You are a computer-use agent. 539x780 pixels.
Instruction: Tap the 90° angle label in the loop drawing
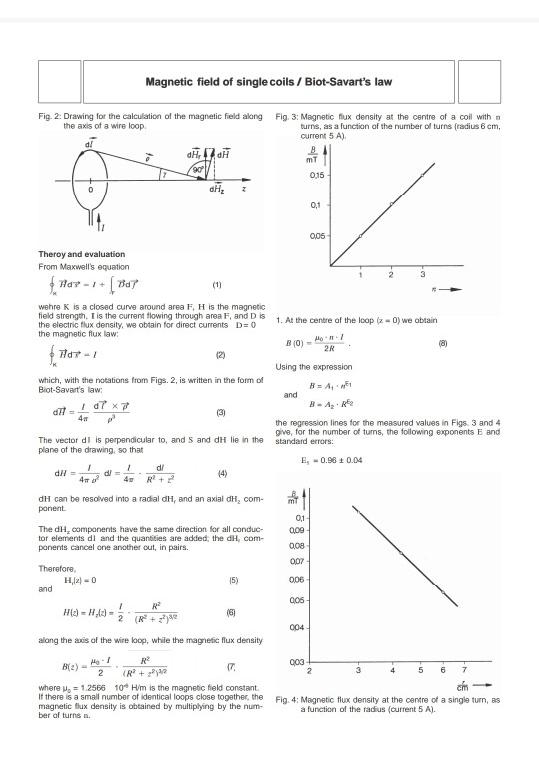[x=199, y=169]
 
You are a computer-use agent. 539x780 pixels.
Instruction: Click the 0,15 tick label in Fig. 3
[x=318, y=175]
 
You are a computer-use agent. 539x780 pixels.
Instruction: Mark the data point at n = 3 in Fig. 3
[x=422, y=175]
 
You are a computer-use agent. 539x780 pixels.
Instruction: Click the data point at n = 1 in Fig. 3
[x=360, y=235]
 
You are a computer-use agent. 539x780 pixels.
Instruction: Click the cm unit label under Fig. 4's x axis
[x=461, y=685]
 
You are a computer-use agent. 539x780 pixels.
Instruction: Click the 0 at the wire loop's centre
[x=91, y=189]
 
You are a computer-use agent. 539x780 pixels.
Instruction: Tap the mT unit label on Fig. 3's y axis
[x=311, y=157]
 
